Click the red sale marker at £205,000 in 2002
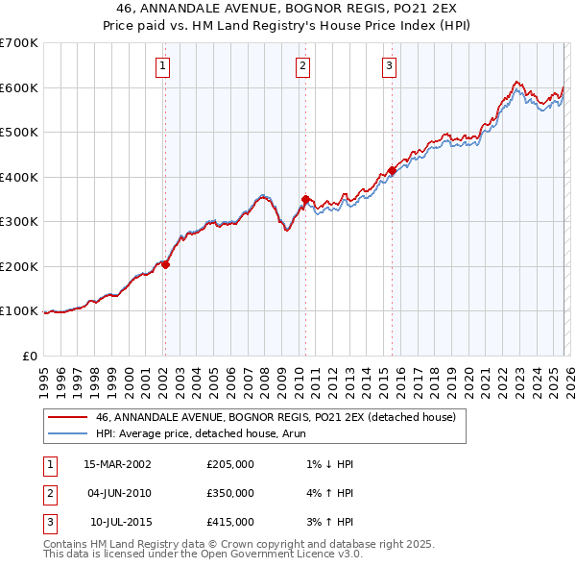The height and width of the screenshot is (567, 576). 165,264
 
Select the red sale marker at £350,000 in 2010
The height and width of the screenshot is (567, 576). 304,200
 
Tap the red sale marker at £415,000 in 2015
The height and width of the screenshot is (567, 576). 392,171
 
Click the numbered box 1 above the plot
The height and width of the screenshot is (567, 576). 162,66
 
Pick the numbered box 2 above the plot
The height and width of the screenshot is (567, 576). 302,66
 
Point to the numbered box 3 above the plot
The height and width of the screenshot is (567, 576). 389,66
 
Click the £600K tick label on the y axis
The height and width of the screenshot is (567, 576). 18,87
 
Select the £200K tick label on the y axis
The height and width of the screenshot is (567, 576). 18,266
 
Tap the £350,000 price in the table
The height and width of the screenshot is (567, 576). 230,493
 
